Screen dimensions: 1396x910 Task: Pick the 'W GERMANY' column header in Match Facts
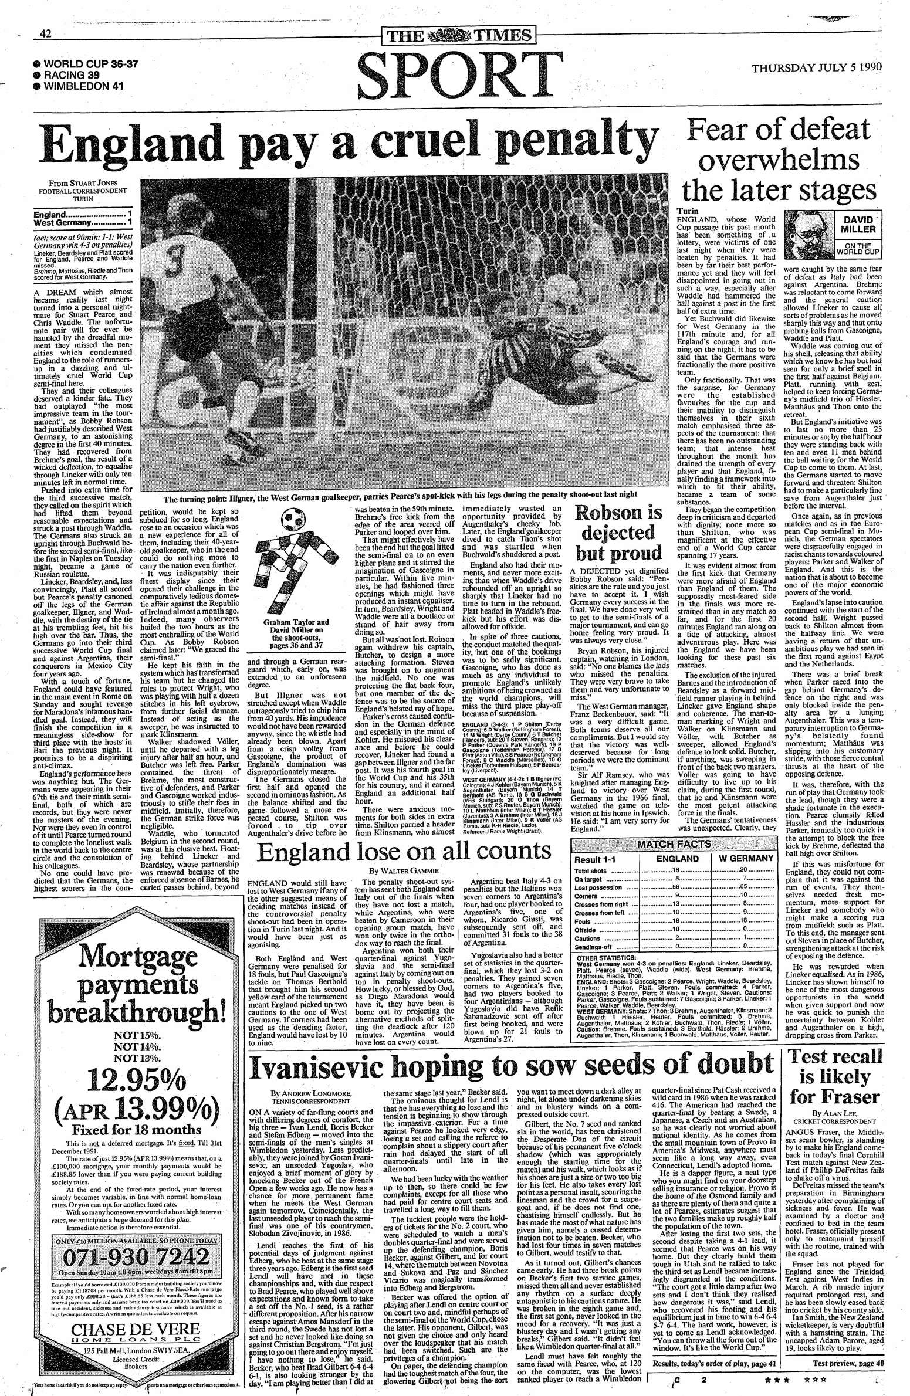tap(742, 858)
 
